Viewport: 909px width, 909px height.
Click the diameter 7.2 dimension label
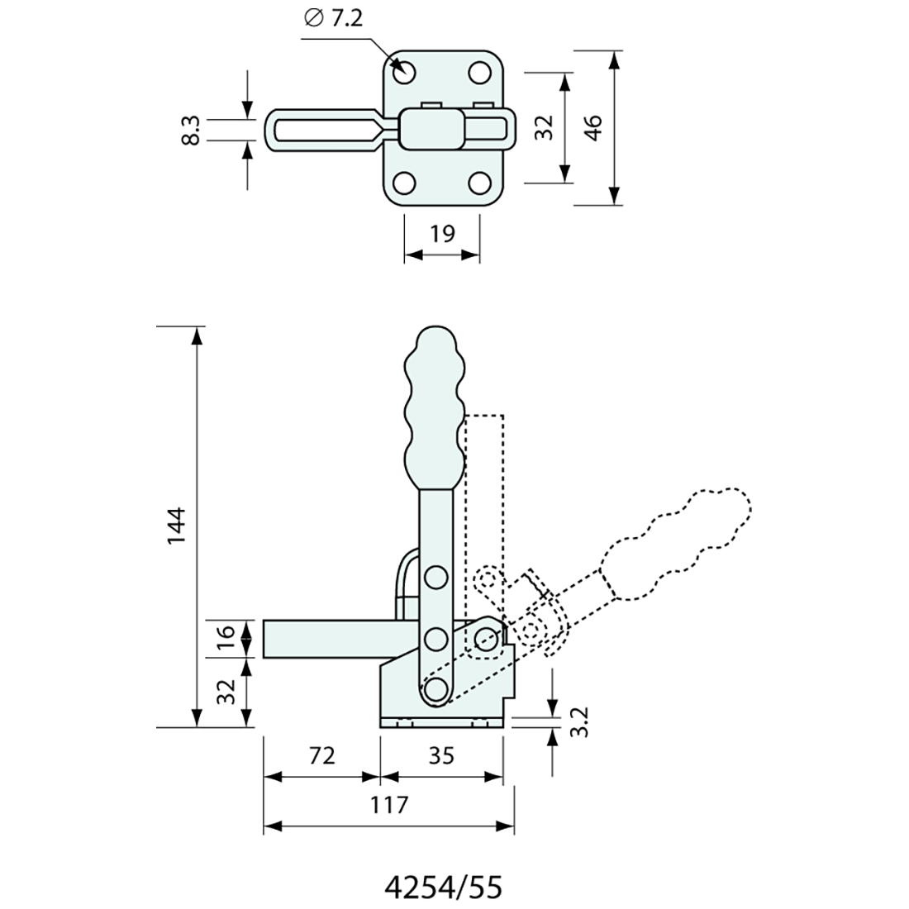pos(333,19)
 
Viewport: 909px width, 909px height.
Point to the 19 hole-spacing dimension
pos(442,234)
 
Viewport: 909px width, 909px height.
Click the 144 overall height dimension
pos(176,526)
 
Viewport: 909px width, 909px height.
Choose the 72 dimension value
pos(322,756)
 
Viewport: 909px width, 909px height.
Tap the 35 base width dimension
pos(441,756)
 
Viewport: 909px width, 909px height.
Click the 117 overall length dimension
pos(389,805)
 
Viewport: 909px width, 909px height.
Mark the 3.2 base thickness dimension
pos(580,721)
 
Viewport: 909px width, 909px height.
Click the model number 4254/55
pos(444,887)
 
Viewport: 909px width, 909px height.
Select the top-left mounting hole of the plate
pos(404,73)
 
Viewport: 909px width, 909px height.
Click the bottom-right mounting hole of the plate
pos(479,183)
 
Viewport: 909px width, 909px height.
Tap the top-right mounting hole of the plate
pos(479,73)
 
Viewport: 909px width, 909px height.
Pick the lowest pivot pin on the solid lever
pos(436,689)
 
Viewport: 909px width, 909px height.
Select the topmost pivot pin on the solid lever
pos(436,578)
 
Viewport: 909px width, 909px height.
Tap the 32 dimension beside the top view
pos(543,127)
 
